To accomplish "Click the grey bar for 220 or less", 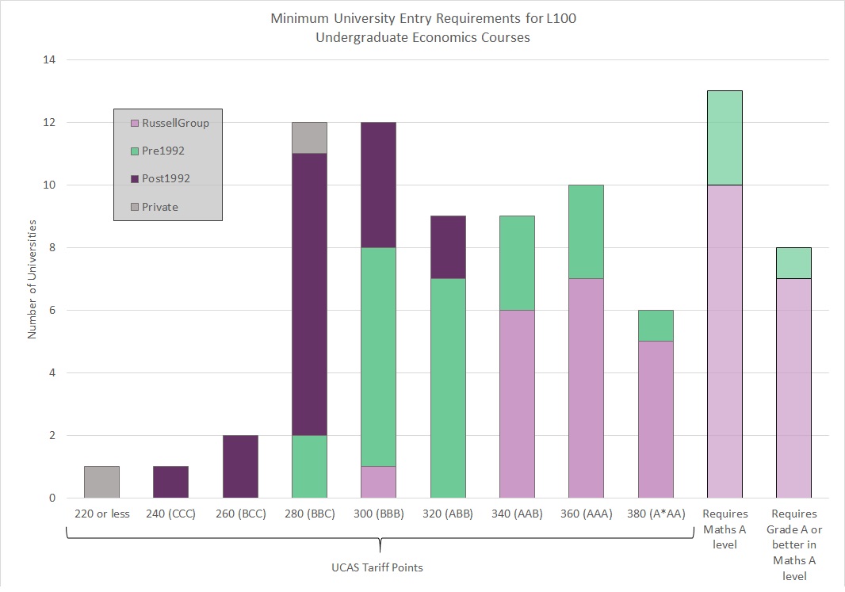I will click(x=101, y=482).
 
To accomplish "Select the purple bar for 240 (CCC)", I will click(x=170, y=482).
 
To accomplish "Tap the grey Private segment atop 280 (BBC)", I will click(x=309, y=138).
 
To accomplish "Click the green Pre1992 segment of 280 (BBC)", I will click(x=309, y=467).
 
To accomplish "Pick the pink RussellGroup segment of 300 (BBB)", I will click(x=378, y=482).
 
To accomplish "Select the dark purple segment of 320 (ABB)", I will click(x=448, y=247).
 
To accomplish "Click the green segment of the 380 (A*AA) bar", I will click(x=656, y=326).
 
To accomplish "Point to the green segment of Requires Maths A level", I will click(x=725, y=138).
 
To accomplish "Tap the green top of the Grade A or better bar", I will click(x=793, y=263).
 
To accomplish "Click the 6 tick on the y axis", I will click(x=52, y=310).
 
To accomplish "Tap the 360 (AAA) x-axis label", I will click(x=586, y=514).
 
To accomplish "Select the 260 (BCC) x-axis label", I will click(x=240, y=514).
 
